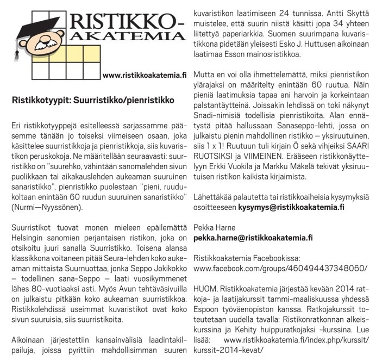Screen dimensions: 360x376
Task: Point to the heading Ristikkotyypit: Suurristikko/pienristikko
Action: pyautogui.click(x=93, y=101)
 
